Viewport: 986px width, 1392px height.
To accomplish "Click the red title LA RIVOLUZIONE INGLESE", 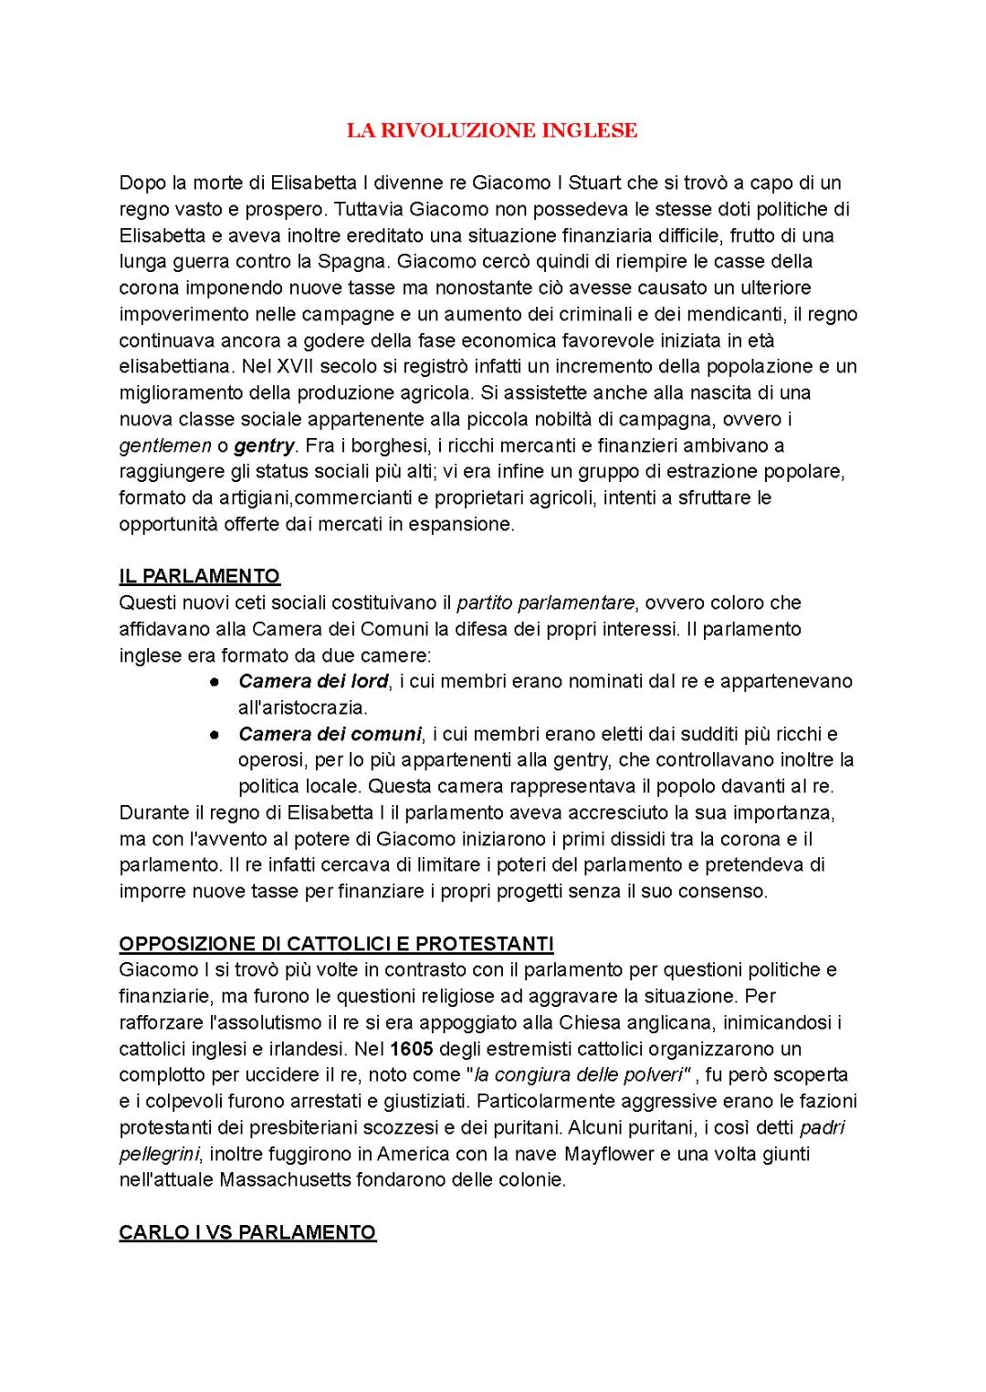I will click(491, 131).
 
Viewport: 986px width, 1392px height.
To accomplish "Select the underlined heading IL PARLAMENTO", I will click(199, 576).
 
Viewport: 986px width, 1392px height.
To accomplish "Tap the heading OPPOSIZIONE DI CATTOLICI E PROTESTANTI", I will click(336, 943).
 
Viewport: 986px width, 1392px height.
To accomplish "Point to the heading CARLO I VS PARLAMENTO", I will click(247, 1232).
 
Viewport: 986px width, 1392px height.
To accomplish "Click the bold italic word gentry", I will click(264, 445).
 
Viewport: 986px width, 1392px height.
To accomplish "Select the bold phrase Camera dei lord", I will click(313, 681).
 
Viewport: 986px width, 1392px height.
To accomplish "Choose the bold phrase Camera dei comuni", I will click(330, 734).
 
